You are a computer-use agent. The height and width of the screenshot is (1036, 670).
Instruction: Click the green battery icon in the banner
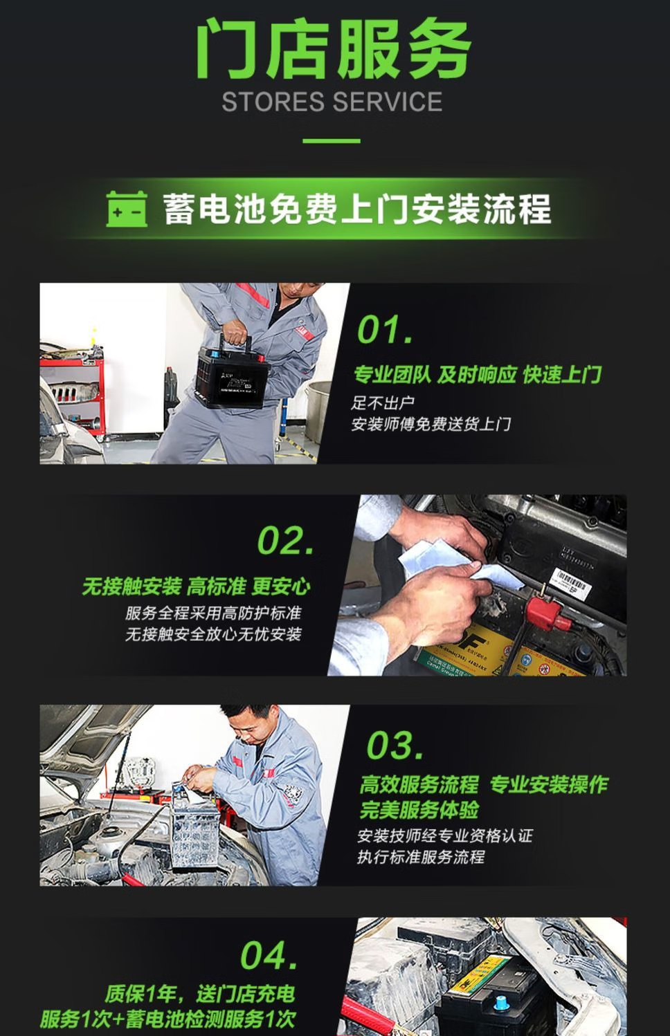click(127, 209)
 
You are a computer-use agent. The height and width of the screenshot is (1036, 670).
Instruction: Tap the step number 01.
click(385, 329)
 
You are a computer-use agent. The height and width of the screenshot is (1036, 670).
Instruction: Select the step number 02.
click(286, 540)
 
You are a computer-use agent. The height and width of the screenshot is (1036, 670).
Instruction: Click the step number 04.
click(269, 956)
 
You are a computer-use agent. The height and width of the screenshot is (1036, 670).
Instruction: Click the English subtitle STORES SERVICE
click(332, 102)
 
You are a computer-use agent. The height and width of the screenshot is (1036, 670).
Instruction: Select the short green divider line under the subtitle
click(332, 140)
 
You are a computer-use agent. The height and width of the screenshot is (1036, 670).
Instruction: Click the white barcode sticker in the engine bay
click(570, 581)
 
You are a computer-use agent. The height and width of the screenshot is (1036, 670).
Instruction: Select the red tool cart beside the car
click(73, 393)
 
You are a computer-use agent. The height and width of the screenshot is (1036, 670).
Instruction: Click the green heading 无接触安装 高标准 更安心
click(197, 586)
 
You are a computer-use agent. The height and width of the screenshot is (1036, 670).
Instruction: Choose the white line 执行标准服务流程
click(421, 857)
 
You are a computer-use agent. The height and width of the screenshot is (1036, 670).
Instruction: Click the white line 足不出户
click(383, 403)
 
